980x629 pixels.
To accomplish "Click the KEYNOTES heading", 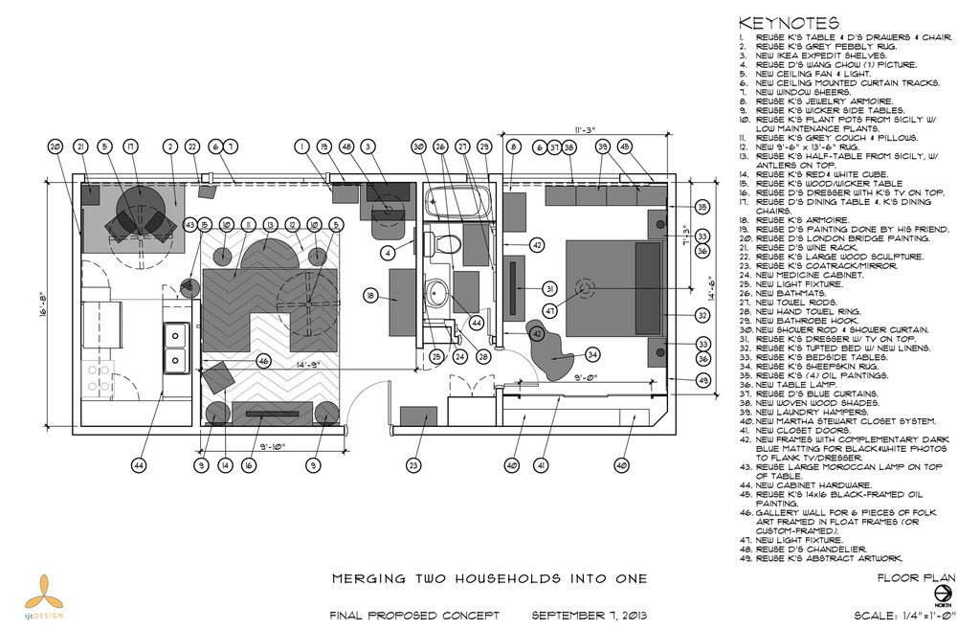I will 789,23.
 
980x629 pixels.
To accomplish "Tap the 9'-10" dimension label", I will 274,446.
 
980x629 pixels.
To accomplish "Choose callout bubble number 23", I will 413,465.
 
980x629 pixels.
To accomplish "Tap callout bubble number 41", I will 542,465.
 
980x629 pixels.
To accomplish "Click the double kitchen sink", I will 177,348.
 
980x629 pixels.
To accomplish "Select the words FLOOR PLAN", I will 916,578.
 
